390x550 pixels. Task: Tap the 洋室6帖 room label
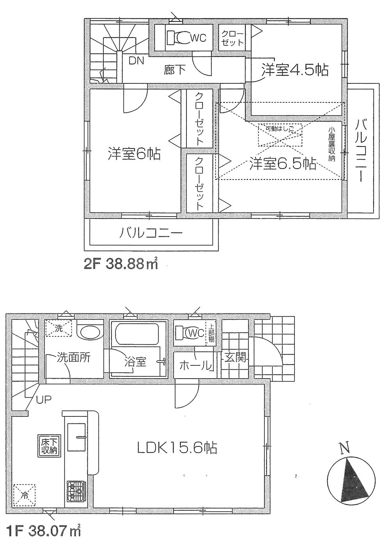[x=133, y=154]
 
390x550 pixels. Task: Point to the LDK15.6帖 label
[x=177, y=448]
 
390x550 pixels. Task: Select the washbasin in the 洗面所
[x=89, y=332]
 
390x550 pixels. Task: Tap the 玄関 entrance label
[x=235, y=357]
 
